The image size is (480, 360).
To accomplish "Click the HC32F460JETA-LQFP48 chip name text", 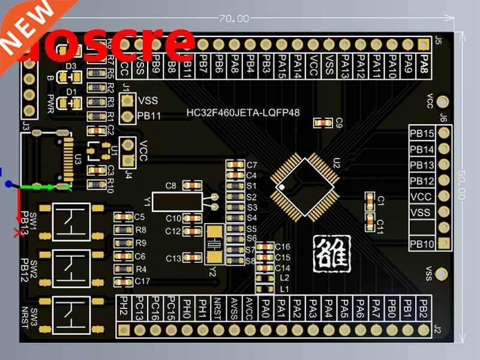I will [x=243, y=112].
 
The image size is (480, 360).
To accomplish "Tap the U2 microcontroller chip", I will [x=303, y=186].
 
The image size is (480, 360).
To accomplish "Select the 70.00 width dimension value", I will [x=234, y=19].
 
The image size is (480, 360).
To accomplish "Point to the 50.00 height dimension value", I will [x=461, y=185].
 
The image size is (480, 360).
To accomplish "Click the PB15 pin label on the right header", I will [x=422, y=133].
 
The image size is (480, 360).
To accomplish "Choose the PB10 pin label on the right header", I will [x=422, y=244].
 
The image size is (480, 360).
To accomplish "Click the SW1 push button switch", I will [x=71, y=222].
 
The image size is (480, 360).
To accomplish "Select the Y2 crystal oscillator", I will [x=214, y=244].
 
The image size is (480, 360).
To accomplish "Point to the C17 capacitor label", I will [x=143, y=281].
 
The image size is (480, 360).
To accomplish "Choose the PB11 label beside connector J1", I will [x=149, y=116].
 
